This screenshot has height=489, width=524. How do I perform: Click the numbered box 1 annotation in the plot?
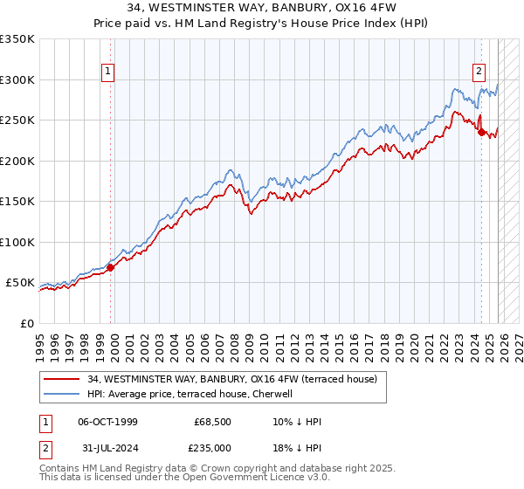tap(107, 72)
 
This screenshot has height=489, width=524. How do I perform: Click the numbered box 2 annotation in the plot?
tap(479, 72)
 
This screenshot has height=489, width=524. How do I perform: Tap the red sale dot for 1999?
tap(111, 268)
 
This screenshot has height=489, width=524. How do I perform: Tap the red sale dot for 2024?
tap(481, 133)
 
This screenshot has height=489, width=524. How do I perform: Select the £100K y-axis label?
tap(17, 242)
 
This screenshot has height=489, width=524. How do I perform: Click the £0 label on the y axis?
tap(26, 323)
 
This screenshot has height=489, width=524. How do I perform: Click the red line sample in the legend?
tap(62, 380)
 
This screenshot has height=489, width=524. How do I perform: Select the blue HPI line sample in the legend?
tap(62, 394)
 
